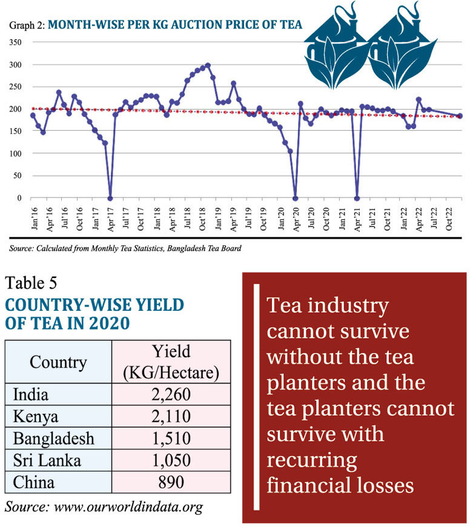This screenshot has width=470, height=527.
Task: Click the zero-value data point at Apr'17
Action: point(110,198)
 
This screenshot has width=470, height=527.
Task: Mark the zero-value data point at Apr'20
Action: point(295,198)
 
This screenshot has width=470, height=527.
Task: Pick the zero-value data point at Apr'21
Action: point(357,198)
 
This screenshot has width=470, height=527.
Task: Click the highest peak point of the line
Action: point(208,65)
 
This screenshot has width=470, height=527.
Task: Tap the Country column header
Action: point(58,362)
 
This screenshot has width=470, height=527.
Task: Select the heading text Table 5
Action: point(35,283)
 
